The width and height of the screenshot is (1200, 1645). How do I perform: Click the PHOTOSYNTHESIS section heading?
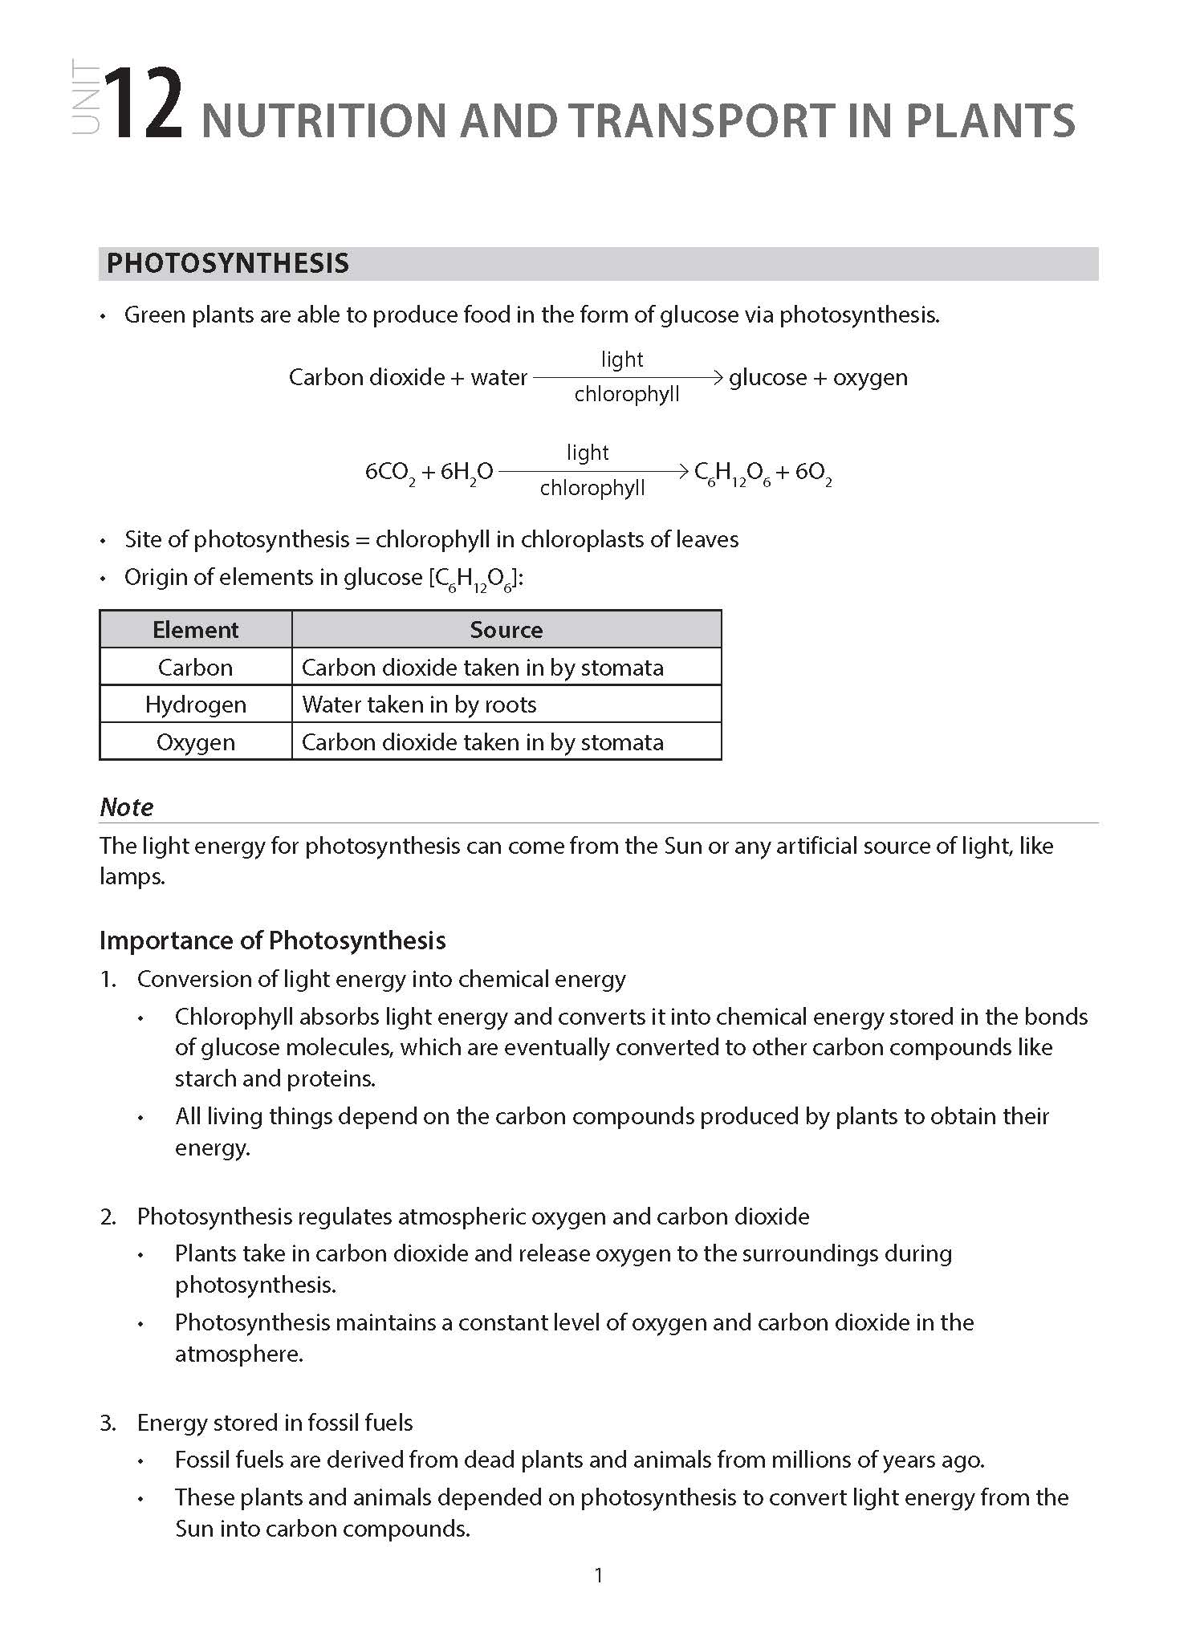(x=228, y=264)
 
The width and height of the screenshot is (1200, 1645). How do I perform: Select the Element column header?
(x=195, y=630)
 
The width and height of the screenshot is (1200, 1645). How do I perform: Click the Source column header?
(x=506, y=630)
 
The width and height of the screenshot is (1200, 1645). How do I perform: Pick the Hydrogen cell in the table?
(x=195, y=705)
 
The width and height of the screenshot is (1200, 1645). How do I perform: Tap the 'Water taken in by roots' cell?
(x=419, y=705)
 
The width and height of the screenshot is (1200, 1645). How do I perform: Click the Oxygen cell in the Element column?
(x=195, y=742)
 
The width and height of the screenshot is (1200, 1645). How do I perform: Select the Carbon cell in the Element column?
(x=195, y=668)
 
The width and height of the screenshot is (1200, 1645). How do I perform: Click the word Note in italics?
(x=126, y=807)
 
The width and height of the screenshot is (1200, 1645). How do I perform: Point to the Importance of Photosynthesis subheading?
(x=272, y=940)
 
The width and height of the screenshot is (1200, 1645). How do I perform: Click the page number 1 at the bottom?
(x=598, y=1575)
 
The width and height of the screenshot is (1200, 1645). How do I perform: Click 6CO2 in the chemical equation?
(x=390, y=473)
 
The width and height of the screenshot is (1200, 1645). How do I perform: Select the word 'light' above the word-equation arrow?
(x=622, y=359)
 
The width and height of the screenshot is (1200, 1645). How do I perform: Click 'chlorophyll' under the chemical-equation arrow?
(x=592, y=488)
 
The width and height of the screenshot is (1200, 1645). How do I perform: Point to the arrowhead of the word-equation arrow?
(x=718, y=377)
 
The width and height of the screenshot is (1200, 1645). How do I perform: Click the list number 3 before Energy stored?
(x=108, y=1423)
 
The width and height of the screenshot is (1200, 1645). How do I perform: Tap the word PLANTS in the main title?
(x=991, y=121)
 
